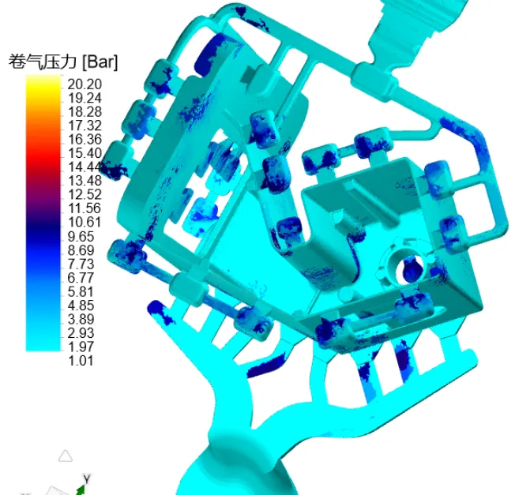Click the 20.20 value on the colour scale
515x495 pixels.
(x=85, y=84)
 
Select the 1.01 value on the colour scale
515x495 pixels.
(x=81, y=361)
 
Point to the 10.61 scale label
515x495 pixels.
(x=85, y=222)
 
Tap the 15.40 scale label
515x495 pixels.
(x=85, y=153)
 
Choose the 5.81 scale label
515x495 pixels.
(x=81, y=292)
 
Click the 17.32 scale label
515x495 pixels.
(x=85, y=126)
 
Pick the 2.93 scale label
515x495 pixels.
(x=81, y=333)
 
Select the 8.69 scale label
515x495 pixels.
(x=81, y=250)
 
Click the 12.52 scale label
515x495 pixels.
(x=85, y=195)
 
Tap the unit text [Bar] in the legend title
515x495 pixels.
(x=100, y=62)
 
